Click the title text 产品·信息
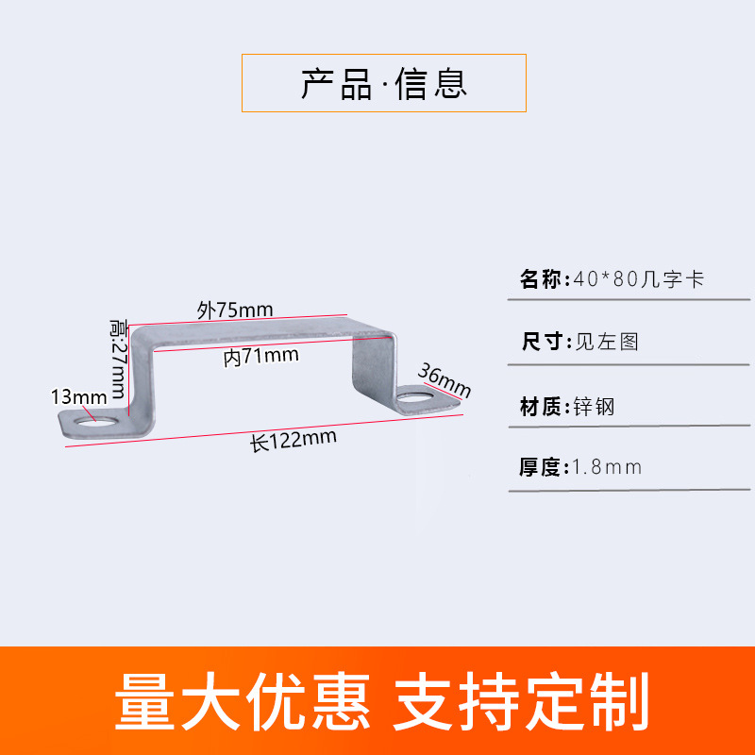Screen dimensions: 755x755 pos(384,84)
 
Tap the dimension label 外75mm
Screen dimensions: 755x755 pos(235,310)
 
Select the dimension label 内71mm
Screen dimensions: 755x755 pos(261,356)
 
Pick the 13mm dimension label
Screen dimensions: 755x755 pos(79,396)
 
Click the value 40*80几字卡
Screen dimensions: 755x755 pos(639,280)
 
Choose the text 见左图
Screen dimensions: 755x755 pos(607,342)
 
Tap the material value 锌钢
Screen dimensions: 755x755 pos(594,408)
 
